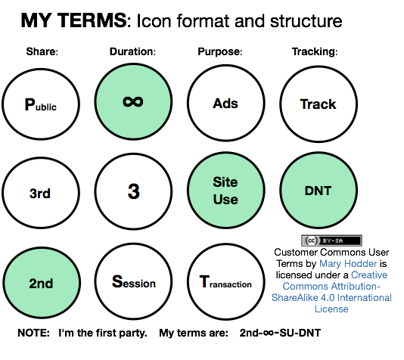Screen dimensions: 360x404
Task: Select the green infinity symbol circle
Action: tap(133, 101)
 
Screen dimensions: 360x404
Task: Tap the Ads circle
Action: tap(225, 104)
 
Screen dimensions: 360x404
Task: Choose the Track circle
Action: tap(318, 104)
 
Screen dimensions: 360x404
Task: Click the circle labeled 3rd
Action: tap(40, 193)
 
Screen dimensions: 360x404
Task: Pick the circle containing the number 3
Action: tap(133, 192)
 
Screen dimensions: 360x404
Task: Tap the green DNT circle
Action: tap(318, 191)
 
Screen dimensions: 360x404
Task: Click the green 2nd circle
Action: tap(40, 283)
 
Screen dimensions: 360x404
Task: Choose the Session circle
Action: tap(133, 282)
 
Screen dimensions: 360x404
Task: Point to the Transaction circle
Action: tap(225, 282)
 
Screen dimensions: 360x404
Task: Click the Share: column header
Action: tap(42, 52)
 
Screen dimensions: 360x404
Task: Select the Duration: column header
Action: tap(132, 52)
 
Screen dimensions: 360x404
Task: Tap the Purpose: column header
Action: tap(219, 52)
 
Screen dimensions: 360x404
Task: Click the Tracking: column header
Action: tap(315, 52)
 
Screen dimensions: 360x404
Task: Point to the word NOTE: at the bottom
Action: tap(33, 333)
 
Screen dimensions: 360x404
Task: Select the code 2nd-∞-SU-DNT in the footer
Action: tap(285, 333)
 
